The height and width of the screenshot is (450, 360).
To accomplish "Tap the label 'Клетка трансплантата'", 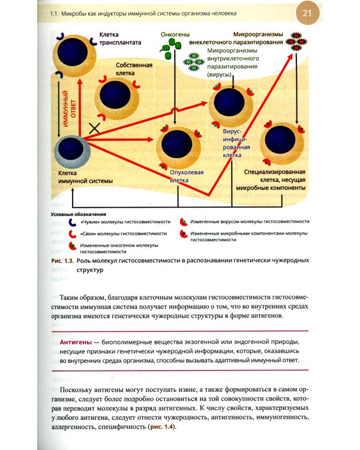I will (x=120, y=39).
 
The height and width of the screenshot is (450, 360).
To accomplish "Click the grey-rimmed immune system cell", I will (x=71, y=151).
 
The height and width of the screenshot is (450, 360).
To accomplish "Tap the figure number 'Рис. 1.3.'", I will (x=62, y=261).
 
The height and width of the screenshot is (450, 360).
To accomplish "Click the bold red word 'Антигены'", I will (x=76, y=341).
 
